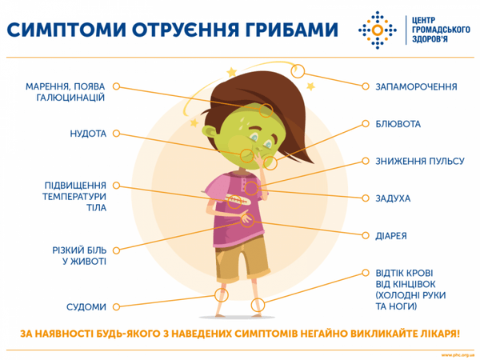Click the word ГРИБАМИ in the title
click(276, 30)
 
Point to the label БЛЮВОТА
click(398, 125)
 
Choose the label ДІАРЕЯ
click(391, 236)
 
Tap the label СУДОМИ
click(87, 306)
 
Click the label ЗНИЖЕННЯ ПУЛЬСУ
click(419, 161)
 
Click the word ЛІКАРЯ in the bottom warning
click(437, 333)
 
